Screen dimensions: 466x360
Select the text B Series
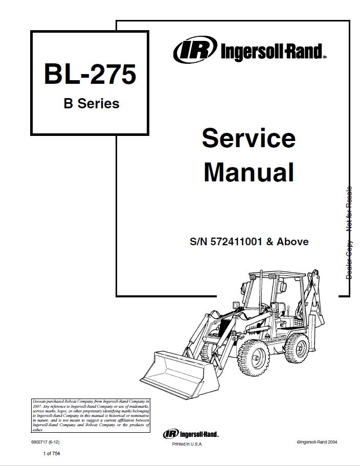point(91,104)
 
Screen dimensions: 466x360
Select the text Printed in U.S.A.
point(187,445)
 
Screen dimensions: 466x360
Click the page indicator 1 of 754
point(53,454)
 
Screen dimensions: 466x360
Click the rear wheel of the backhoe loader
point(297,346)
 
